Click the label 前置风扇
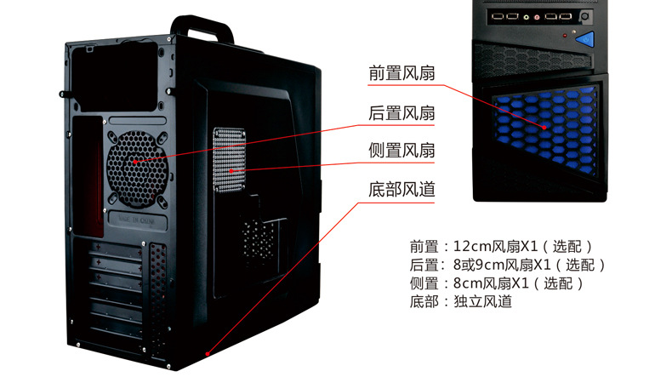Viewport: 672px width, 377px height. pyautogui.click(x=401, y=73)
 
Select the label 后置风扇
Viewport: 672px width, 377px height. pyautogui.click(x=401, y=113)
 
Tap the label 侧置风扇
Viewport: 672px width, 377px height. pyautogui.click(x=401, y=151)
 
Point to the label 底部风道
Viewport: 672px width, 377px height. pyautogui.click(x=401, y=190)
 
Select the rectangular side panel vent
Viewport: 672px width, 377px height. pyautogui.click(x=230, y=159)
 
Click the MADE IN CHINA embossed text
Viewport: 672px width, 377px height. pyautogui.click(x=137, y=220)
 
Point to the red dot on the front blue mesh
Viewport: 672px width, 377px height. pyautogui.click(x=544, y=128)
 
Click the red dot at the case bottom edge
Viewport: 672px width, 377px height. pyautogui.click(x=208, y=354)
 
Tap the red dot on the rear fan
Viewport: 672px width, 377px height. pyautogui.click(x=135, y=162)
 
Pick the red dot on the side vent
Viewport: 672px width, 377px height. pyautogui.click(x=231, y=171)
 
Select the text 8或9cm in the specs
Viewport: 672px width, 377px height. pyautogui.click(x=479, y=265)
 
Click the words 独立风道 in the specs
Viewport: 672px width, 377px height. pyautogui.click(x=482, y=301)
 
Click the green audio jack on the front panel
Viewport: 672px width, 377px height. pyautogui.click(x=527, y=17)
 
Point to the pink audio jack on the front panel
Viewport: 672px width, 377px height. pyautogui.click(x=537, y=18)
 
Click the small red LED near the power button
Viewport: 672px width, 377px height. pyautogui.click(x=565, y=36)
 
